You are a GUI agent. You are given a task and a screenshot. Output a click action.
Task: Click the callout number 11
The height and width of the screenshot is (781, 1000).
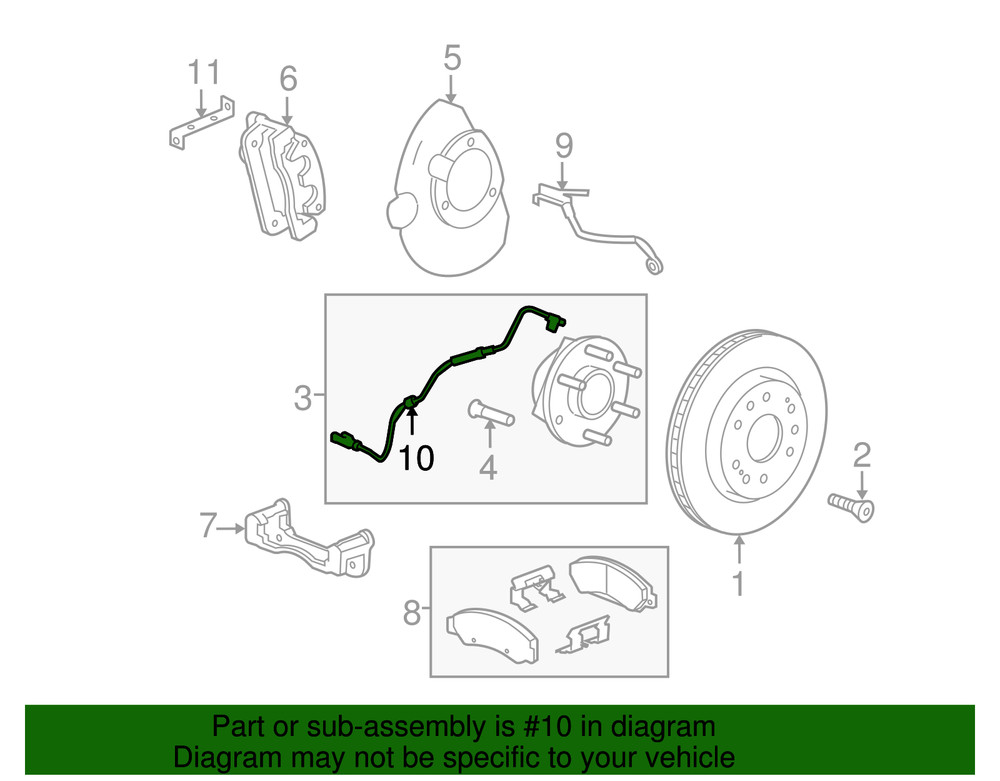[203, 73]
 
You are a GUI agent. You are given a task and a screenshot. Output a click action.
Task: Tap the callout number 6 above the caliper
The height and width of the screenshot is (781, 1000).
[288, 76]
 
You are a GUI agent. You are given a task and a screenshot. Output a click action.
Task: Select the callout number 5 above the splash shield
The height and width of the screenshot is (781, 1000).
[452, 57]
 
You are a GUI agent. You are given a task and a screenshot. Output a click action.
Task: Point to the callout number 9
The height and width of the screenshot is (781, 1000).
[564, 147]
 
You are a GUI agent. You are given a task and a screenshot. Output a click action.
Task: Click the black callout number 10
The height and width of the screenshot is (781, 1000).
[417, 458]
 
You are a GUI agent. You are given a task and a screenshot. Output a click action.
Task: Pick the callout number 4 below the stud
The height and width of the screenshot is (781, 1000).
[487, 466]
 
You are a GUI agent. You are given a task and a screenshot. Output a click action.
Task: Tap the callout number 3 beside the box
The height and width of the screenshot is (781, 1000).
[303, 399]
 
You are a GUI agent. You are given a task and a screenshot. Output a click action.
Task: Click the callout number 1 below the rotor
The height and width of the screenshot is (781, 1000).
[738, 583]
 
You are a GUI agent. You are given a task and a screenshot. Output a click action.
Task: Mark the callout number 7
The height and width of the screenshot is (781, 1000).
[208, 525]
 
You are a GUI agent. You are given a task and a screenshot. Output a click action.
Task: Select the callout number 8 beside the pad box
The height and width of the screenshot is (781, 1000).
[412, 611]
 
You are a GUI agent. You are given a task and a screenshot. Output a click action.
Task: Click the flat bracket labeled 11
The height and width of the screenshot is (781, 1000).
[200, 125]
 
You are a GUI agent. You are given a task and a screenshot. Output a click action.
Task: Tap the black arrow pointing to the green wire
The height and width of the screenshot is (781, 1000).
[409, 419]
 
